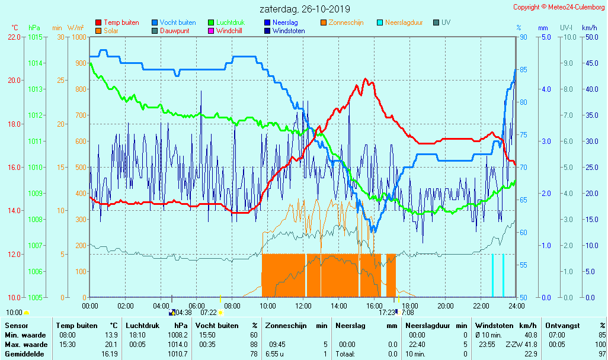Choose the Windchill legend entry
pos(228,31)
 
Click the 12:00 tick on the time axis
pos(303,306)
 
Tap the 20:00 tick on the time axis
pos(446,306)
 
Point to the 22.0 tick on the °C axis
pos(14,37)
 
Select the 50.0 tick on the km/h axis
pos(589,37)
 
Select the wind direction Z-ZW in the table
pos(513,345)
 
